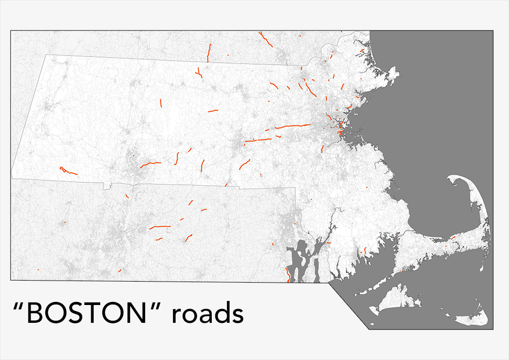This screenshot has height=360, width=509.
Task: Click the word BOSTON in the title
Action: (91, 314)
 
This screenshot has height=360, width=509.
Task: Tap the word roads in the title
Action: (207, 314)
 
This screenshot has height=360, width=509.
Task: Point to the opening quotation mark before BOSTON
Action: (18, 307)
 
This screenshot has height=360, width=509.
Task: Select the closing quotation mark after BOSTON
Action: (160, 307)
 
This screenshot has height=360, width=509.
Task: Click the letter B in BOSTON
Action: (35, 314)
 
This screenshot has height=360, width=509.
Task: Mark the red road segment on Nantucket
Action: (470, 318)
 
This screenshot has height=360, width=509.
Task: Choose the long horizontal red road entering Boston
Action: (292, 126)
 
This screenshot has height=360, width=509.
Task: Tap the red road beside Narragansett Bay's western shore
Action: (289, 275)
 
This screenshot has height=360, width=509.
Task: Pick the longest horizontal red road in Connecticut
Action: (161, 227)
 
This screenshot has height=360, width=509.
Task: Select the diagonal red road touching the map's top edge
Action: (265, 39)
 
